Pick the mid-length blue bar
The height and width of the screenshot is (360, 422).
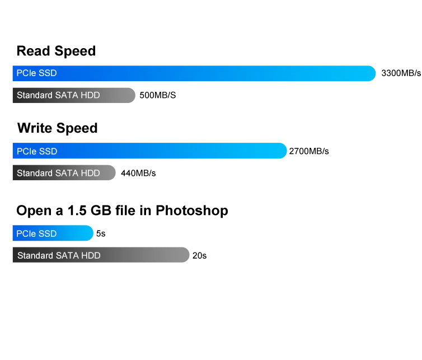tap(149, 151)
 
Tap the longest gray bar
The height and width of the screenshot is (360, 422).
tap(101, 255)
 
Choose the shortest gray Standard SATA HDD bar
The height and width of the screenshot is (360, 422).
tap(62, 173)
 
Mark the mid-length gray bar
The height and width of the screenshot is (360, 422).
tap(73, 95)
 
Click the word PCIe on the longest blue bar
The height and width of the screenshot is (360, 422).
tap(26, 73)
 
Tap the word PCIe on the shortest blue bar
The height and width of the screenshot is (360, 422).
tap(26, 233)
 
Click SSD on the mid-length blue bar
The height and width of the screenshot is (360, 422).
tap(48, 151)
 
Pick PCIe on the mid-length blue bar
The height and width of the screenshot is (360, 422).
tap(26, 151)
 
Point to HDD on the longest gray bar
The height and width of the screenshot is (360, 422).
tap(91, 255)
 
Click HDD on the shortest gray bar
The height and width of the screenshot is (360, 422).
tap(90, 173)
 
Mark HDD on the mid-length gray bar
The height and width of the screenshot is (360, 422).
tap(90, 95)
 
